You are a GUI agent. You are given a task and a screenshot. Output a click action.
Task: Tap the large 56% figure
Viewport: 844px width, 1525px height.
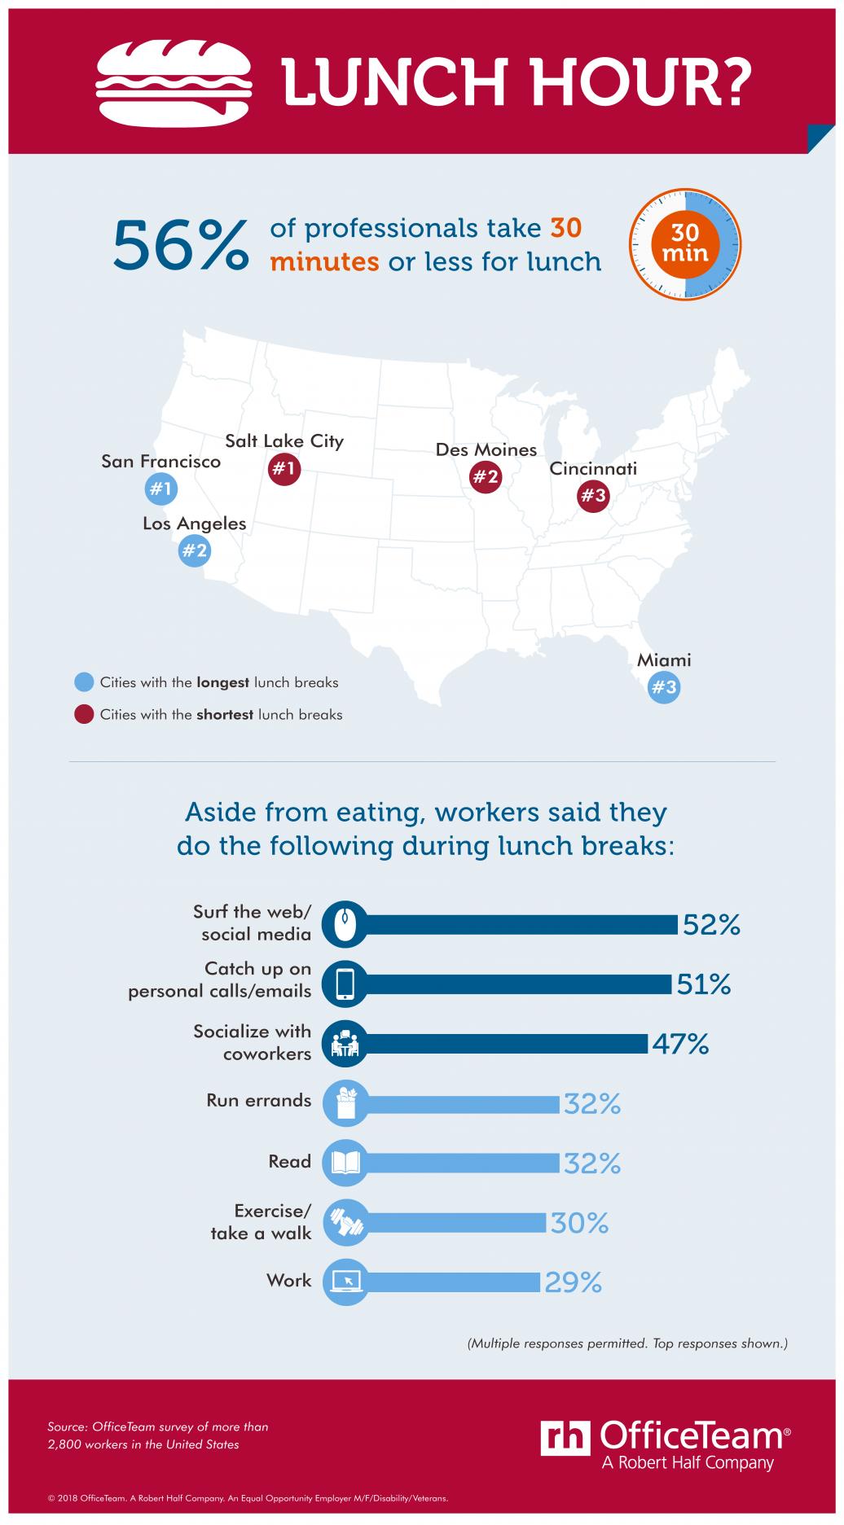(x=180, y=244)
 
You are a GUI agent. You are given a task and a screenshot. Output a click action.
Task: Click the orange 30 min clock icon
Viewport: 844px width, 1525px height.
(x=685, y=244)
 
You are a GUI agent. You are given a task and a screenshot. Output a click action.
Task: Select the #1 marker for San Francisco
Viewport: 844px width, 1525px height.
(x=160, y=489)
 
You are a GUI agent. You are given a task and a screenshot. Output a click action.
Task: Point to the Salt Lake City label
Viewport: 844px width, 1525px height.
(x=284, y=441)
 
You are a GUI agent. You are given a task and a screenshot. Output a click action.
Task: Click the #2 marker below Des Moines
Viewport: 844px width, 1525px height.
(x=486, y=477)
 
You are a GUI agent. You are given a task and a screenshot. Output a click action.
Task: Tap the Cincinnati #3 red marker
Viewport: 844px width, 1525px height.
(x=593, y=497)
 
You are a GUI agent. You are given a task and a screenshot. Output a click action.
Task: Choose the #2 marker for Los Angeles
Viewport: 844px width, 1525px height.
(x=195, y=551)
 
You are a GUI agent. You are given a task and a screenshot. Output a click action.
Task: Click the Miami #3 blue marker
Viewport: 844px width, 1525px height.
(x=664, y=687)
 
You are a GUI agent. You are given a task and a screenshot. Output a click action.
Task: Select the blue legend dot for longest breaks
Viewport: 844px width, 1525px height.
(x=84, y=682)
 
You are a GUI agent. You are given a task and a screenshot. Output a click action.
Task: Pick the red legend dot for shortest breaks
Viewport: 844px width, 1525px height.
(x=84, y=715)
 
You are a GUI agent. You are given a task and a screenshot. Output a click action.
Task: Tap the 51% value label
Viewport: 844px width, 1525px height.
(x=704, y=984)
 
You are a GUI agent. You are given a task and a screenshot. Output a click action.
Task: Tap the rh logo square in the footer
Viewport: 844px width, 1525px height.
(x=565, y=1436)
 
